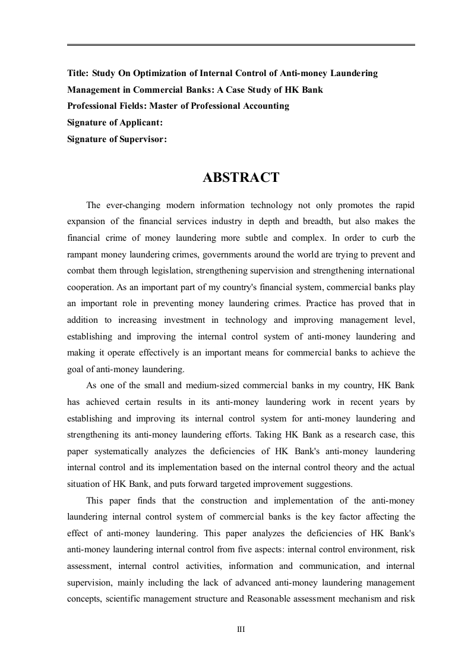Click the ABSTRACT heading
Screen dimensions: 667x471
tap(241, 178)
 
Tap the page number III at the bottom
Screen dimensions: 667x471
tap(241, 630)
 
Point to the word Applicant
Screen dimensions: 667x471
tap(140, 122)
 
